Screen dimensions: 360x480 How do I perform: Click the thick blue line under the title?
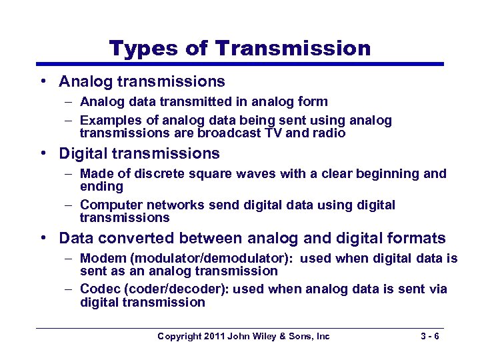pos(240,64)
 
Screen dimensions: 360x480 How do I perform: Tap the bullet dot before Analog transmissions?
pos(43,81)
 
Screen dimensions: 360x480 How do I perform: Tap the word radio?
pos(329,133)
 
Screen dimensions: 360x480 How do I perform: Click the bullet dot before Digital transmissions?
pos(43,153)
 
